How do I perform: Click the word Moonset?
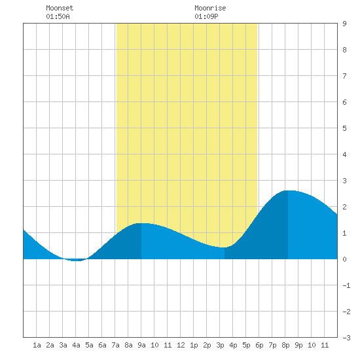click(x=60, y=8)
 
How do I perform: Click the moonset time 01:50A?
click(x=58, y=16)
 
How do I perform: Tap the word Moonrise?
click(x=210, y=8)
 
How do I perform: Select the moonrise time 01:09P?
click(x=206, y=16)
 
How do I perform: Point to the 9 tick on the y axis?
click(x=344, y=24)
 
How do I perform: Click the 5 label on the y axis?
click(x=344, y=128)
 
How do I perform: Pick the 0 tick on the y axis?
click(x=344, y=259)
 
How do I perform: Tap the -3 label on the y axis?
click(x=346, y=338)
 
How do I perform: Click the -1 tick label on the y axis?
click(x=346, y=285)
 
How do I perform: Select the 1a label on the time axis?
click(x=37, y=345)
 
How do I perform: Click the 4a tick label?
click(x=76, y=345)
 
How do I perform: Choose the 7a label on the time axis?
click(x=115, y=345)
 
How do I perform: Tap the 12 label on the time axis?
click(x=181, y=345)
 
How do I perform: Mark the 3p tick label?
click(x=220, y=345)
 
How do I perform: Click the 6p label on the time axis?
click(x=259, y=345)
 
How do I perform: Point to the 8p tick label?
click(x=285, y=345)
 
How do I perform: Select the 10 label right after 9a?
click(x=154, y=345)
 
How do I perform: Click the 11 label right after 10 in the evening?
click(x=325, y=345)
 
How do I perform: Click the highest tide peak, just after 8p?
click(x=288, y=190)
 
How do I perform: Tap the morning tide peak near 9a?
click(x=141, y=223)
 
